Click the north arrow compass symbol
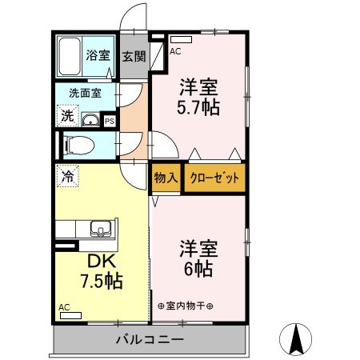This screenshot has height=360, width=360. pos(295,339)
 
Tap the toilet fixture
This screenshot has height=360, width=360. pos(79,146)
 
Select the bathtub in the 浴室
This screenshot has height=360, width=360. pos(70,56)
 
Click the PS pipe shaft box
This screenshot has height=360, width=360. pos(110,122)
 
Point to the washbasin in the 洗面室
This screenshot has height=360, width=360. pos(90,119)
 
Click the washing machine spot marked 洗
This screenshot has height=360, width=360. pos(68,115)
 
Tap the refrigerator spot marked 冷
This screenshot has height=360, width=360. pos(68,176)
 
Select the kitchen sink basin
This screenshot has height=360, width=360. pos(101,229)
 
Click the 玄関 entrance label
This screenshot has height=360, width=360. pos(134,56)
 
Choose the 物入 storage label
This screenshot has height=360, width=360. pos(166,178)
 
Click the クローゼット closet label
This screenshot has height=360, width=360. pos(214,178)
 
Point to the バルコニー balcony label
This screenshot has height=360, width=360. pos(150,340)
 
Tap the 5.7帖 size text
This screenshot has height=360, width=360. pos(198,107)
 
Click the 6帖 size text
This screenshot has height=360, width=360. pos(198,269)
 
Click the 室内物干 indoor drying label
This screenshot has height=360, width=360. pos(186,306)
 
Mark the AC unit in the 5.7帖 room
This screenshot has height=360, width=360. pos(181,39)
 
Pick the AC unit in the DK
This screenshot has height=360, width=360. pos(70,315)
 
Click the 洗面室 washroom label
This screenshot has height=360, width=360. pos(85,93)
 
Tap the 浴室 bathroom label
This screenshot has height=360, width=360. pos(98,55)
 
